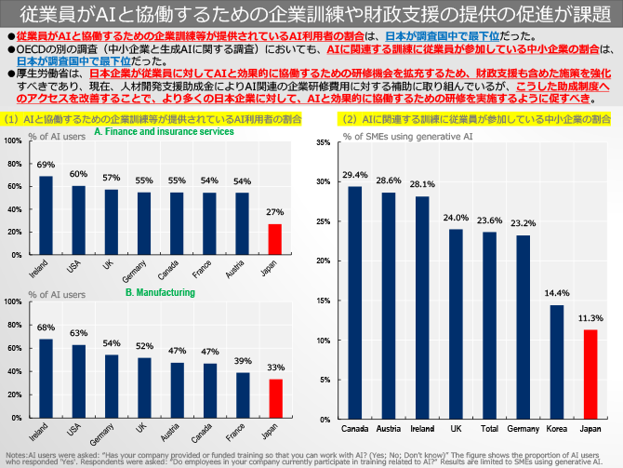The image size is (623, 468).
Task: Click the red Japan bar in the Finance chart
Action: [274, 238]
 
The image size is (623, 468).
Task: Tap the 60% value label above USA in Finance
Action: [78, 174]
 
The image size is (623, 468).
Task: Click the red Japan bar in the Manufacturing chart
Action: [274, 398]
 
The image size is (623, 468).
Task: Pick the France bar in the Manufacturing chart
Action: [242, 395]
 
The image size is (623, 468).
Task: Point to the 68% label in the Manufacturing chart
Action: [46, 328]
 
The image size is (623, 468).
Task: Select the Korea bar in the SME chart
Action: [556, 362]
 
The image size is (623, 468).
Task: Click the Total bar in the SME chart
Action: [489, 326]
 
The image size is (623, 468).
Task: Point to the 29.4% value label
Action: [354, 175]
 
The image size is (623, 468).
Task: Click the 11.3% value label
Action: [590, 318]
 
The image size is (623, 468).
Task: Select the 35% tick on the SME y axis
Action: [322, 142]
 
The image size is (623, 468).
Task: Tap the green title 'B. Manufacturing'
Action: [160, 292]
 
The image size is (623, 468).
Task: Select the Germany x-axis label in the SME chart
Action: [523, 428]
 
